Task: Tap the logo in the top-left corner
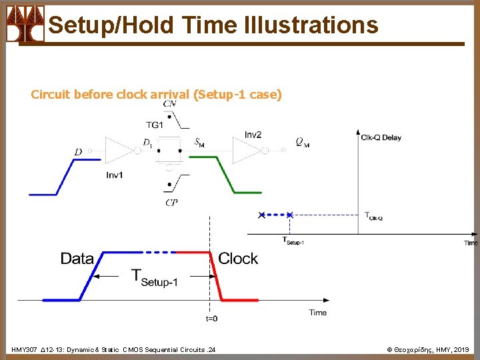(x=25, y=23)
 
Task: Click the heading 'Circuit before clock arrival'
(x=110, y=95)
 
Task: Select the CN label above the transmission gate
(x=169, y=104)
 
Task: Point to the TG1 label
(x=155, y=125)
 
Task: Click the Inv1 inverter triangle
(x=119, y=151)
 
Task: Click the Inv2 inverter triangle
(x=246, y=150)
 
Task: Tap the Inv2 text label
(x=253, y=135)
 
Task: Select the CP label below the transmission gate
(x=171, y=202)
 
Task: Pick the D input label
(x=78, y=153)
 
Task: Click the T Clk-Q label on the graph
(x=373, y=215)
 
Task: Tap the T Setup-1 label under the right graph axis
(x=293, y=241)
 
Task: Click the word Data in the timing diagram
(x=77, y=259)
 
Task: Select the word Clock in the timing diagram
(x=238, y=259)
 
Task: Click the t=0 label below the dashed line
(x=211, y=319)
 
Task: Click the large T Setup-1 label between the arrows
(x=155, y=277)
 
